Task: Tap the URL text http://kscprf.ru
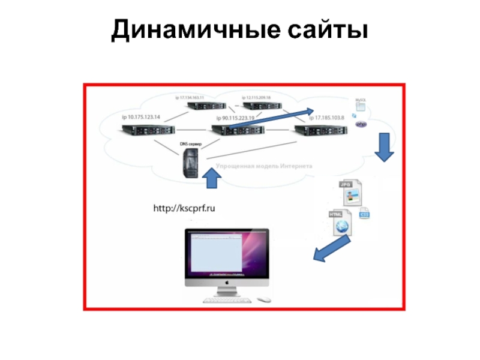click(184, 208)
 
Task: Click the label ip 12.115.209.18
click(256, 97)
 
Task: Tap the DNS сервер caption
click(191, 145)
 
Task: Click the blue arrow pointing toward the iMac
click(329, 249)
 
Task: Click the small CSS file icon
click(364, 214)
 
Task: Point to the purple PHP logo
click(361, 124)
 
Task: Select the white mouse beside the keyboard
click(262, 299)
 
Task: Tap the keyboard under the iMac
click(227, 299)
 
